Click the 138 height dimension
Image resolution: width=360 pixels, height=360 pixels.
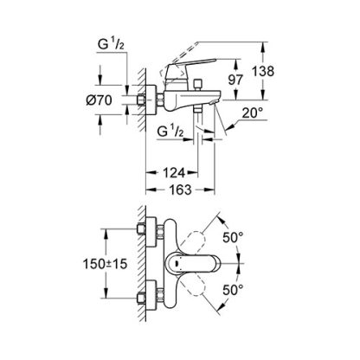coord(263,71)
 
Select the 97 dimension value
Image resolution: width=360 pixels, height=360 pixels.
coord(235,80)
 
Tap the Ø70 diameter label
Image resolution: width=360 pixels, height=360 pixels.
coord(99,100)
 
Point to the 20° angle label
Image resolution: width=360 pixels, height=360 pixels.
coord(253,112)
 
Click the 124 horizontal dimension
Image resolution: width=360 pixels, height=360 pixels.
coord(174,173)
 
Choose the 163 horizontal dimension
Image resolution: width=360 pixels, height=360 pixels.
coord(181,190)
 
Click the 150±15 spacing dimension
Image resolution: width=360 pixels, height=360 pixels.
coord(105,264)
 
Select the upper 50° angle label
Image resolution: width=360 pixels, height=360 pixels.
coord(233,237)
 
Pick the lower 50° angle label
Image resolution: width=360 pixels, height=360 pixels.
coord(233,289)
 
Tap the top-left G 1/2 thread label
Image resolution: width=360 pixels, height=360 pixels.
coord(111,45)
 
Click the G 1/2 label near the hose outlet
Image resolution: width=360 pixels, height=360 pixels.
coord(170,132)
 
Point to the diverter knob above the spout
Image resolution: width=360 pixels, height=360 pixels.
coord(197,84)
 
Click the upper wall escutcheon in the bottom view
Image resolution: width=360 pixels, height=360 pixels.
coord(151,232)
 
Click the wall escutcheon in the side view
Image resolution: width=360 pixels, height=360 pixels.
coord(151,100)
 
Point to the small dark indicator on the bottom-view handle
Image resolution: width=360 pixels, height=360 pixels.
coord(176,263)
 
